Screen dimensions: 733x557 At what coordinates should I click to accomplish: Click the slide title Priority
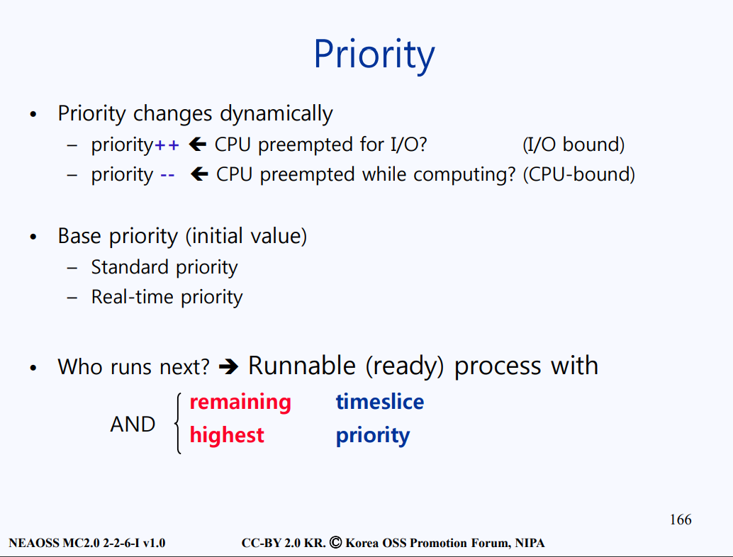[x=374, y=55]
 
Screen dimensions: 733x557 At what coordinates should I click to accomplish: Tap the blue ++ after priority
[x=167, y=145]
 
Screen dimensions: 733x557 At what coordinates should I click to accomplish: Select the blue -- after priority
[x=167, y=175]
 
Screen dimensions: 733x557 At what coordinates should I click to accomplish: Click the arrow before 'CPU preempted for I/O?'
[x=198, y=145]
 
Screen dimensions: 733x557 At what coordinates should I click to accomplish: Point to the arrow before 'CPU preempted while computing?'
[x=200, y=174]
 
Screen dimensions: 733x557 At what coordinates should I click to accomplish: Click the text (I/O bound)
[x=573, y=145]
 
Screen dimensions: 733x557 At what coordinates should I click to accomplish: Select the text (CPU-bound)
[x=578, y=175]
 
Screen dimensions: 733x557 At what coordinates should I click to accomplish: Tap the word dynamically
[x=276, y=114]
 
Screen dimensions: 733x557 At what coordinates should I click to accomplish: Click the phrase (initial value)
[x=247, y=236]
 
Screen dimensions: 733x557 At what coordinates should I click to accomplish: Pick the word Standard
[x=130, y=267]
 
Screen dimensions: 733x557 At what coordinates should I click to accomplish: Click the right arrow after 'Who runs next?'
[x=228, y=366]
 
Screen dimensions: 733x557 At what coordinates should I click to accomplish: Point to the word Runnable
[x=302, y=366]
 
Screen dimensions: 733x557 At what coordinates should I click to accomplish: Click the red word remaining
[x=240, y=403]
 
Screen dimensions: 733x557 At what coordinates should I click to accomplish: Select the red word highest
[x=227, y=436]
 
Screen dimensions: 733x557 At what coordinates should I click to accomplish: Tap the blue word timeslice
[x=379, y=402]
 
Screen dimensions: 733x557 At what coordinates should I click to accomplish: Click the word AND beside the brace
[x=133, y=424]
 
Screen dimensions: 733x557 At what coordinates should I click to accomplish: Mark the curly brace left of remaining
[x=178, y=423]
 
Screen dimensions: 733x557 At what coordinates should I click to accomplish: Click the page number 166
[x=681, y=519]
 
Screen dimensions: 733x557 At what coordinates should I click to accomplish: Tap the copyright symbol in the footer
[x=335, y=543]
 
